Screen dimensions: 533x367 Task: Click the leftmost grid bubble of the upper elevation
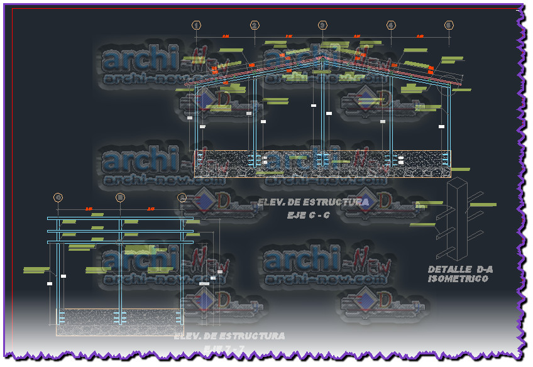click(x=197, y=25)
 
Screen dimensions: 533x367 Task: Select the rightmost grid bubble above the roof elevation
click(x=449, y=25)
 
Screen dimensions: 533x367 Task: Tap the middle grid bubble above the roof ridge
click(x=322, y=25)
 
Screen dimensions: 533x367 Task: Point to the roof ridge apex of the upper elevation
click(x=322, y=57)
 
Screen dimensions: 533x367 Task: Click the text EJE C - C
click(x=309, y=215)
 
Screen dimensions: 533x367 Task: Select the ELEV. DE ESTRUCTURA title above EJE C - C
click(x=313, y=202)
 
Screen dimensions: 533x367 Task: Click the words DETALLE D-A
click(x=460, y=270)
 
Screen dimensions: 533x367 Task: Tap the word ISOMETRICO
click(x=458, y=278)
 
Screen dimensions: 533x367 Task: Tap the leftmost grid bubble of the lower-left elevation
click(x=58, y=197)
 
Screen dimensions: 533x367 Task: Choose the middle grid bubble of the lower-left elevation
click(x=120, y=197)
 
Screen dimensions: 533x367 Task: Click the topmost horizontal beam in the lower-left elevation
click(x=119, y=219)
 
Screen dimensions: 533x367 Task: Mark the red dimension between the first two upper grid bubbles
click(x=226, y=36)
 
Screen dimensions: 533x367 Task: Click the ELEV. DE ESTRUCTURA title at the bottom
click(x=229, y=336)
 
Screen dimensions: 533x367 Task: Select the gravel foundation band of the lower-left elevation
click(x=119, y=320)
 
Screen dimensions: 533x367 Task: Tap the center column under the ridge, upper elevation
click(x=322, y=113)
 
